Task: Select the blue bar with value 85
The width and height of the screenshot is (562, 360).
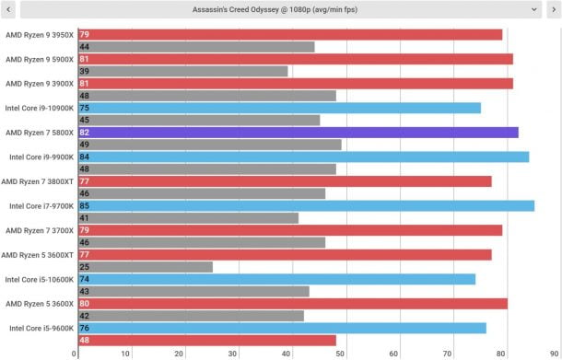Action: (305, 205)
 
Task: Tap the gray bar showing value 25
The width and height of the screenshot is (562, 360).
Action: (144, 267)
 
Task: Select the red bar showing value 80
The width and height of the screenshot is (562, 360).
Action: (291, 303)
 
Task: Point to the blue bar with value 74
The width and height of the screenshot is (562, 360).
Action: (275, 279)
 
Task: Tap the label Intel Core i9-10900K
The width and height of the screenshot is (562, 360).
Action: (38, 108)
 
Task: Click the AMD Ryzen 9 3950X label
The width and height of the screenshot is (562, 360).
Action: (38, 35)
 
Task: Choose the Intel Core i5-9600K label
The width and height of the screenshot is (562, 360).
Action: (38, 328)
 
